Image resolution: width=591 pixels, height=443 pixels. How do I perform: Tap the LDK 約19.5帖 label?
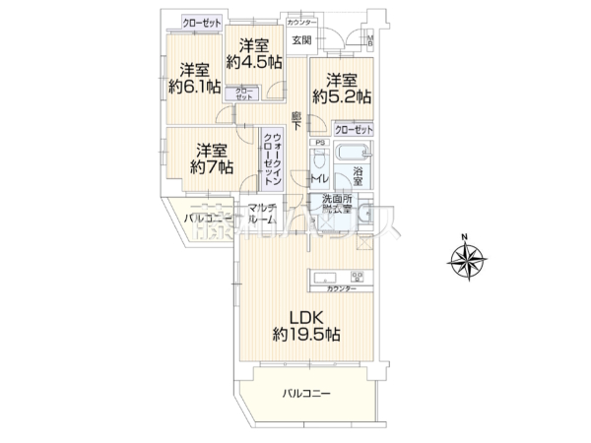click(306, 326)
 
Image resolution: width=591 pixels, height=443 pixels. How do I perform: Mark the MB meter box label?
click(370, 40)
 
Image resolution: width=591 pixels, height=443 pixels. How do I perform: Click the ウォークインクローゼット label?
click(275, 158)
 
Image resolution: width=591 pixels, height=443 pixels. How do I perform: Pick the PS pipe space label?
click(318, 143)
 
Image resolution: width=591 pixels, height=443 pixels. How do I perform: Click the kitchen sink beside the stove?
click(326, 276)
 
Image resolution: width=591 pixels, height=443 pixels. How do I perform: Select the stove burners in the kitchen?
click(360, 276)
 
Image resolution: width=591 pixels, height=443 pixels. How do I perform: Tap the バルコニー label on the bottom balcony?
click(306, 394)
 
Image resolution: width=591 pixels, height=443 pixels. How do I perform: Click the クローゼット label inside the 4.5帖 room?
click(242, 95)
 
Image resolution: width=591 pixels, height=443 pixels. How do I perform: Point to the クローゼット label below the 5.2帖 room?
click(353, 130)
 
